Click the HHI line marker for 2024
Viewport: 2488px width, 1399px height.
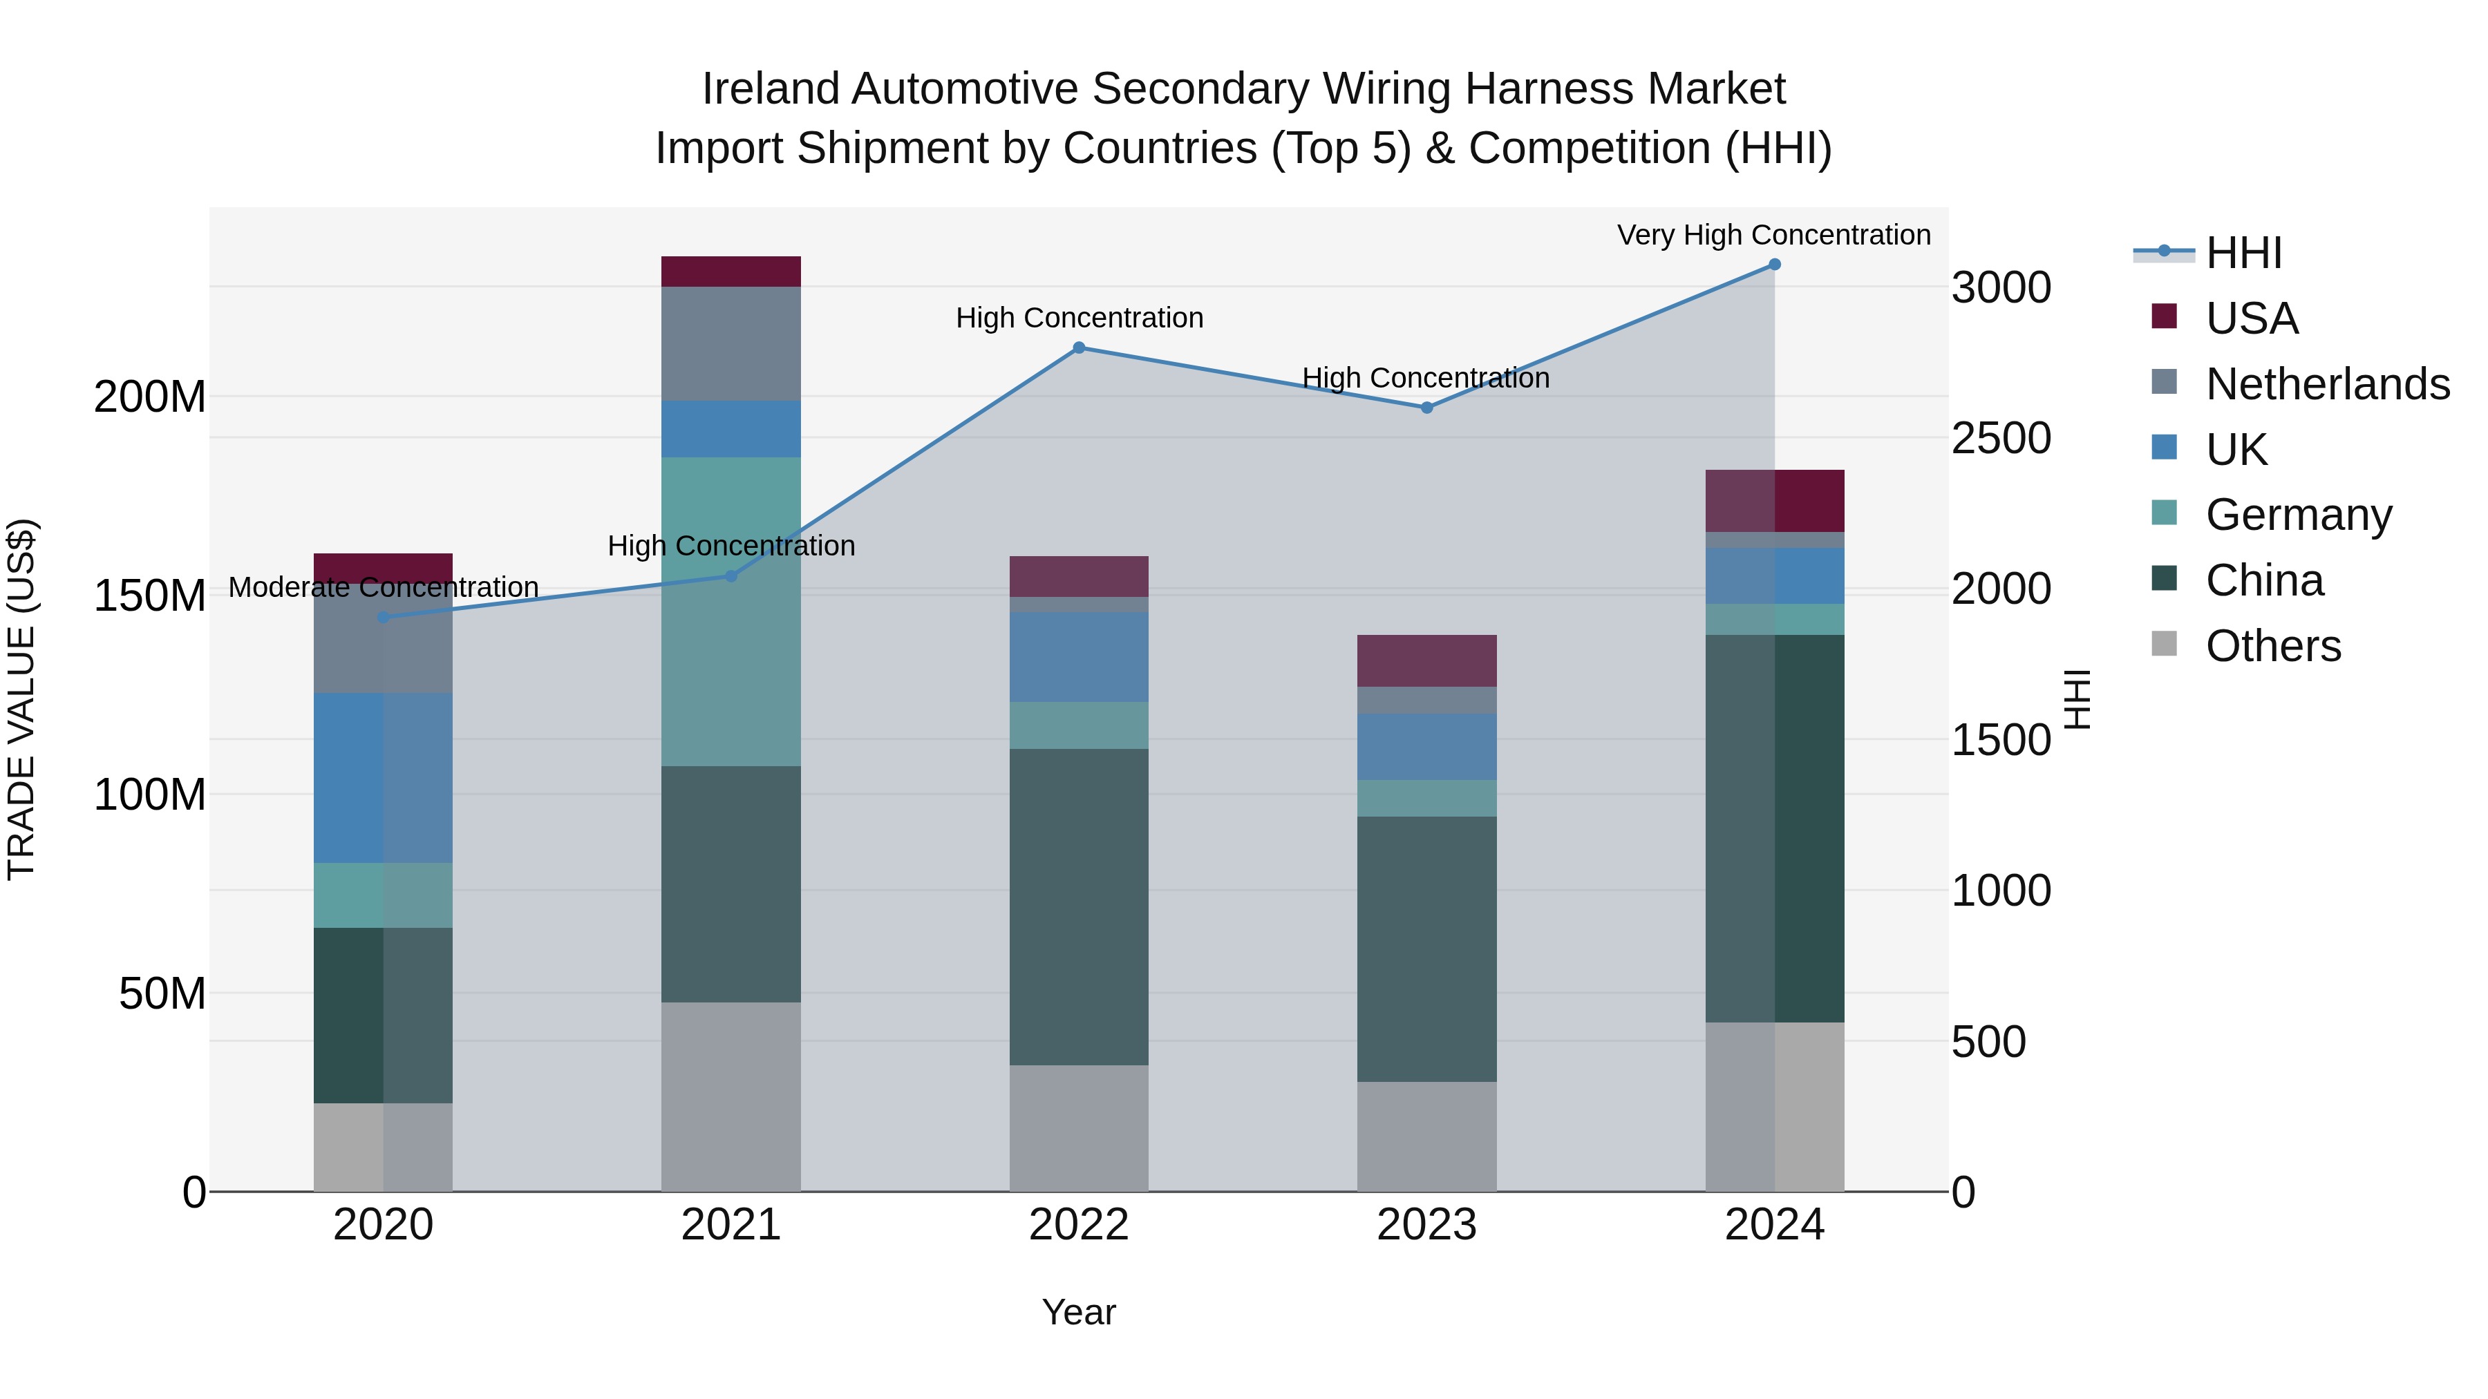point(1774,265)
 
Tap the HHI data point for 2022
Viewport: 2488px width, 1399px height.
point(1079,348)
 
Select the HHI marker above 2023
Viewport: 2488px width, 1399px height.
point(1426,408)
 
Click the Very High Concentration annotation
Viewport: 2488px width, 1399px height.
point(1773,235)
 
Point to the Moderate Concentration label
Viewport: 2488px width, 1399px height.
point(384,587)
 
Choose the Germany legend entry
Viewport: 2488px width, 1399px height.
point(2298,515)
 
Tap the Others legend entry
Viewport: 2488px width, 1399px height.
point(2272,646)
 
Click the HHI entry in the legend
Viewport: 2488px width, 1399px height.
point(2243,253)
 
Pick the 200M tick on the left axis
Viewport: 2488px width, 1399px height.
point(150,397)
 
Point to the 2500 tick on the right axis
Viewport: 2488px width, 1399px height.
point(2000,438)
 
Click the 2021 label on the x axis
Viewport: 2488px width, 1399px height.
point(731,1225)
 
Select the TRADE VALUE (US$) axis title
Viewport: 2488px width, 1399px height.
point(21,699)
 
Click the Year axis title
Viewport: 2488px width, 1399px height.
point(1079,1312)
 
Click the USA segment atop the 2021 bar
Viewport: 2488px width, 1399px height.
point(731,272)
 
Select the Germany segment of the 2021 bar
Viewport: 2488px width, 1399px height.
point(731,611)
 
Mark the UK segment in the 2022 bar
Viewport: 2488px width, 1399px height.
point(1079,656)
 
